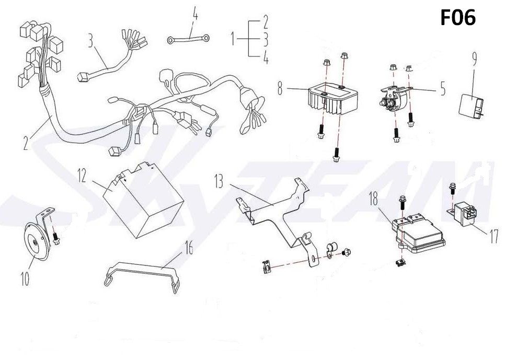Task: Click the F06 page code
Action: coord(458,18)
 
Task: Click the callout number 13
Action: coord(219,182)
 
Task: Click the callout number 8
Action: coord(281,89)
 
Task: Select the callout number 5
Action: coord(443,89)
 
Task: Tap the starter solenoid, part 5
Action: coord(394,99)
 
